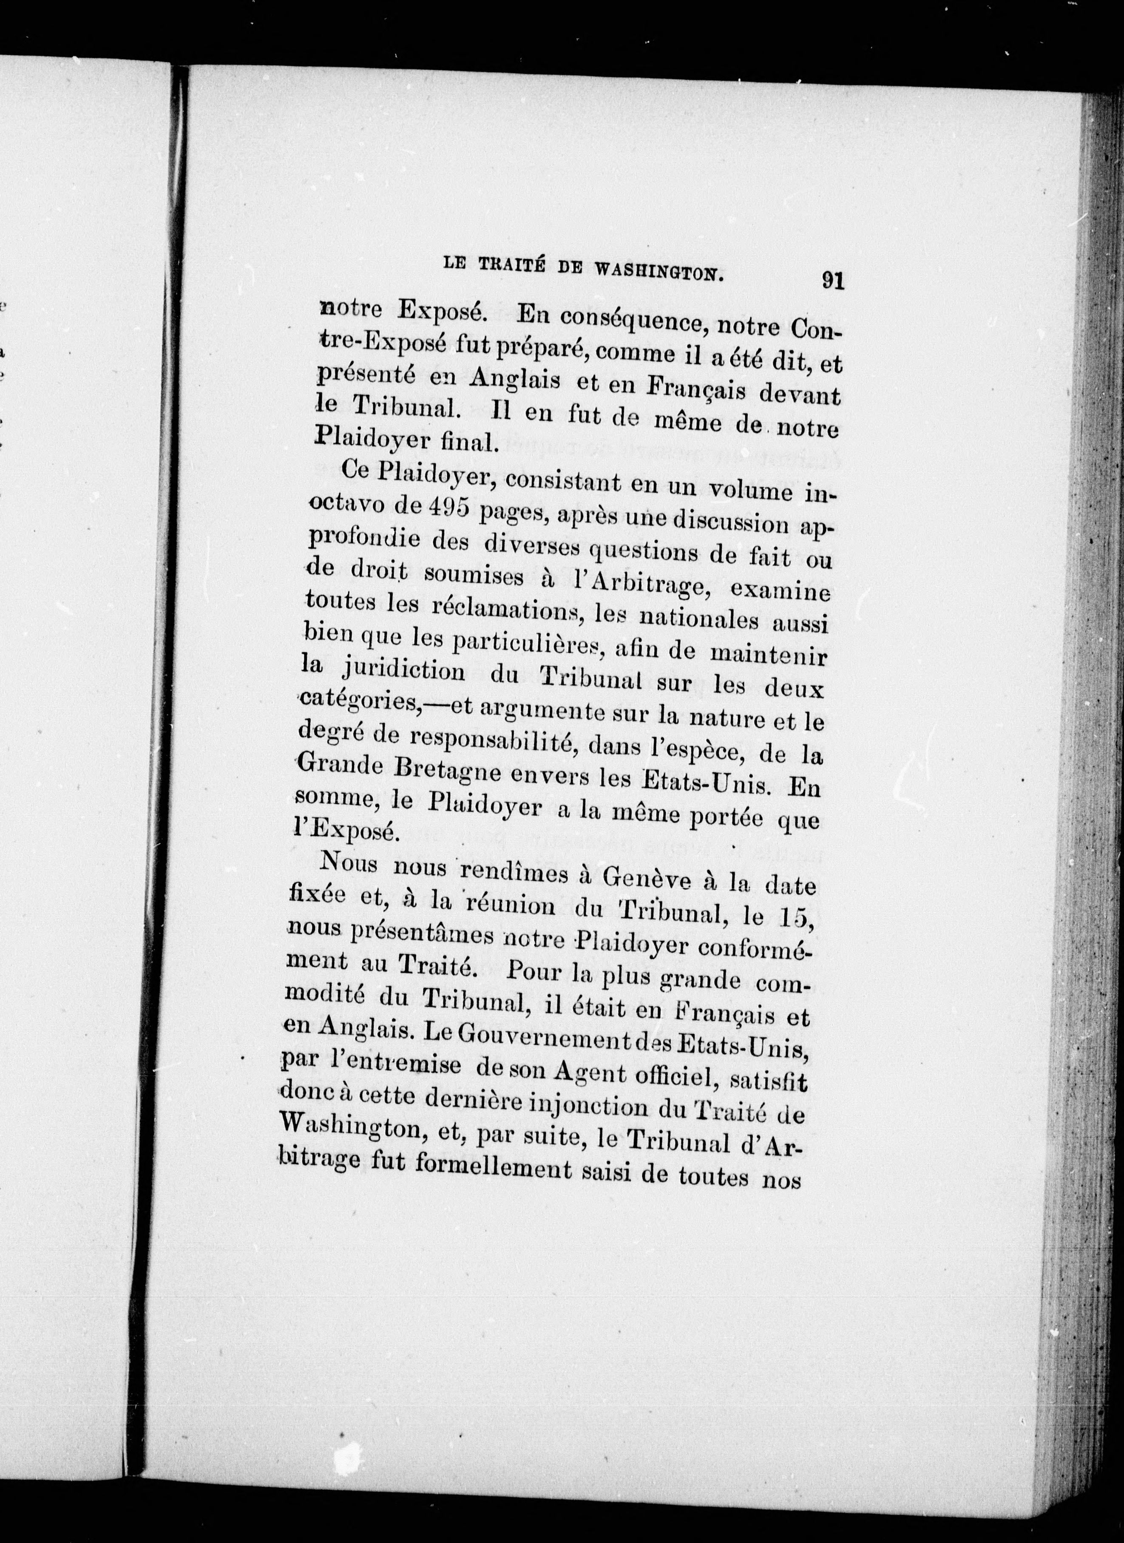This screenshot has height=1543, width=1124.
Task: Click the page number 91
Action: pyautogui.click(x=833, y=280)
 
